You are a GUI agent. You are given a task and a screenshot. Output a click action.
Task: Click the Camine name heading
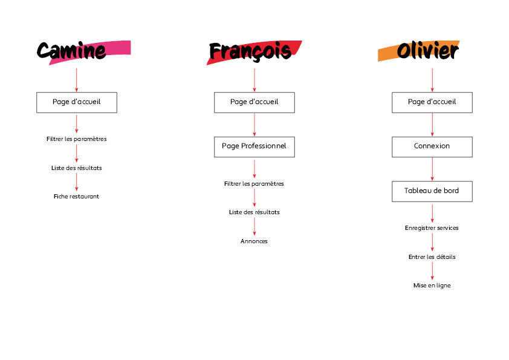pos(72,51)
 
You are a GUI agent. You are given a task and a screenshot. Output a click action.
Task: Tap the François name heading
pos(250,51)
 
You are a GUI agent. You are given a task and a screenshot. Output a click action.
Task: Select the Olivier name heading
pos(427,51)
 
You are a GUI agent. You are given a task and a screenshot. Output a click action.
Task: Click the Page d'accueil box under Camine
pos(77,102)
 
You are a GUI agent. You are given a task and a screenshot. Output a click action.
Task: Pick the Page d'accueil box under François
pos(254,102)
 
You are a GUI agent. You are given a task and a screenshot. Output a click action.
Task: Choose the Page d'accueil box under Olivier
pos(432,102)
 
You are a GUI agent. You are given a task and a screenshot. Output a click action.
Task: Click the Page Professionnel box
pos(254,146)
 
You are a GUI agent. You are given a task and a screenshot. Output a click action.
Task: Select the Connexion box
pos(432,146)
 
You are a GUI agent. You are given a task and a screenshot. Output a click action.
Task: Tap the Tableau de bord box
pos(432,191)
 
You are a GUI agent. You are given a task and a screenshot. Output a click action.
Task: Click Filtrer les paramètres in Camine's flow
pos(77,139)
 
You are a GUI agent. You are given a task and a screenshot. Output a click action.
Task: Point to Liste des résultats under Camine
pos(77,168)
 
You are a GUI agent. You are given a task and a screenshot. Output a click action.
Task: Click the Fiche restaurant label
pos(77,196)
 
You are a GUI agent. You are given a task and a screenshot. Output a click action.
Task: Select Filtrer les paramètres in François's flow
pos(254,183)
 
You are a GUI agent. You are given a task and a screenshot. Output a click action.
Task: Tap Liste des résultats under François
pos(254,212)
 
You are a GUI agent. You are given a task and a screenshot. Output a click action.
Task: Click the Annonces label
pos(254,241)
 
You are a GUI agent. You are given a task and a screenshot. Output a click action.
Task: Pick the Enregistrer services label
pos(432,228)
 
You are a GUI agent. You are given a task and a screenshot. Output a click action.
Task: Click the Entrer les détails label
pos(432,257)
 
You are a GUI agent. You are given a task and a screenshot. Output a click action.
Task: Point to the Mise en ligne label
pos(432,286)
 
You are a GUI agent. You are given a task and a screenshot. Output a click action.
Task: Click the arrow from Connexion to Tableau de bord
pos(432,169)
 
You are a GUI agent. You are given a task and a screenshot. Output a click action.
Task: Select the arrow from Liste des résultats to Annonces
pos(254,226)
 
